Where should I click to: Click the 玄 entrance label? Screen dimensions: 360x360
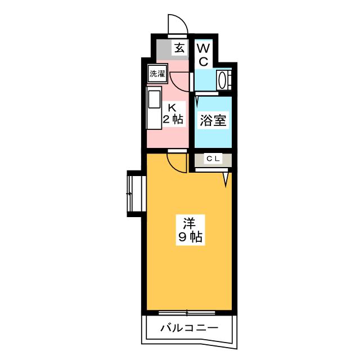(x=179, y=48)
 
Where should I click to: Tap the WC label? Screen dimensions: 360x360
(x=204, y=55)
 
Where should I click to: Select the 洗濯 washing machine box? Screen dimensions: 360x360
(x=157, y=74)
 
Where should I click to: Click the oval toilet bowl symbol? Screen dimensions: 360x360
(x=222, y=80)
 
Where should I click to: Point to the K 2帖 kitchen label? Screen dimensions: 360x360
(x=173, y=114)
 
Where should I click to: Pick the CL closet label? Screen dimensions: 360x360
(x=213, y=159)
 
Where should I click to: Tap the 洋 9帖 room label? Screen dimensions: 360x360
(x=190, y=230)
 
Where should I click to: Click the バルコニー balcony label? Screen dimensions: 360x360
(x=189, y=328)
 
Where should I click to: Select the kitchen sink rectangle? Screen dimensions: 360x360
(x=154, y=100)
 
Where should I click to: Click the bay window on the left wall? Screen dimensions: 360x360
(x=136, y=193)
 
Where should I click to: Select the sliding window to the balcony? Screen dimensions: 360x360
(x=187, y=313)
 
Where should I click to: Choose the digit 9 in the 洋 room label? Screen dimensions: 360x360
(x=182, y=237)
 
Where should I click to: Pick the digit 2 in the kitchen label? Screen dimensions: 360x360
(x=166, y=119)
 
